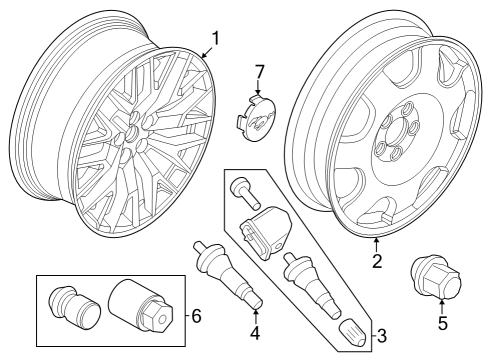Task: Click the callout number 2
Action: (x=377, y=262)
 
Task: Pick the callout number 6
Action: (x=195, y=316)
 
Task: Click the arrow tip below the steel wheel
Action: (x=377, y=239)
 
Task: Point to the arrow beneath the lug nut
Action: (x=441, y=300)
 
